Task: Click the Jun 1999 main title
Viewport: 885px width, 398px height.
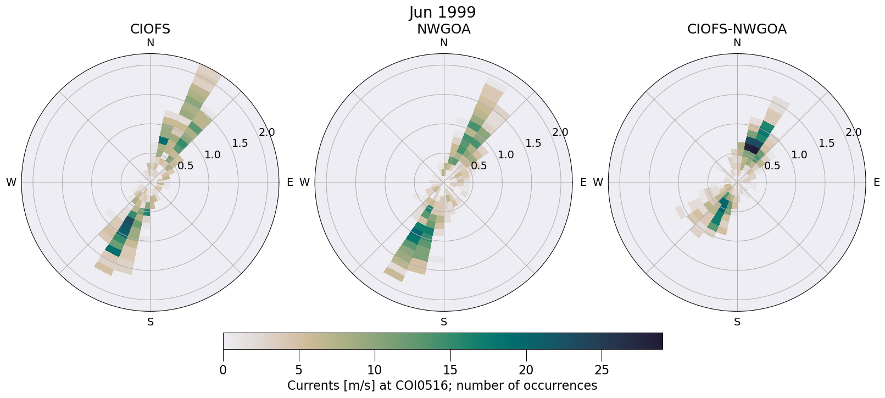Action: coord(442,12)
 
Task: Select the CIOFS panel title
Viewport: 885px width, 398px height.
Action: coord(150,29)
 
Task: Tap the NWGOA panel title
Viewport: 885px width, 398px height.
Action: coord(443,29)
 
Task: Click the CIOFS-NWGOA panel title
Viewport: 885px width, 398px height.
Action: coord(737,29)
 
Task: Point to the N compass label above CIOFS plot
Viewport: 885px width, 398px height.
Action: coord(150,43)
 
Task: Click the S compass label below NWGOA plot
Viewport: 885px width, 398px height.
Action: coord(443,322)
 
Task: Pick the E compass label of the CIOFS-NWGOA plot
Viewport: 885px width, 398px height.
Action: coord(876,183)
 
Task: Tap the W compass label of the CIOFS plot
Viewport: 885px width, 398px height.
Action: coord(11,183)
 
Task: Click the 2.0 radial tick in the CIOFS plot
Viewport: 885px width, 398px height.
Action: coord(267,132)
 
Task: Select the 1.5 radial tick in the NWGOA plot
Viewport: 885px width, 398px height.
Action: coord(533,143)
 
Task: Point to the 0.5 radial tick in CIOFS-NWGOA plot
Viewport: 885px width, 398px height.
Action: coord(772,165)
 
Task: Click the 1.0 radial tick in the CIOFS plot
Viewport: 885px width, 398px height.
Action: coord(213,155)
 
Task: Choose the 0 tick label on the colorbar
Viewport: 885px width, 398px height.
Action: coord(223,370)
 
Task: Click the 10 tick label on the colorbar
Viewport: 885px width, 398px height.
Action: coord(374,370)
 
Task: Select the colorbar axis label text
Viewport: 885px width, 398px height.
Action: coord(442,385)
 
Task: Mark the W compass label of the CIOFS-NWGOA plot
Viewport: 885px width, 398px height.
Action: coord(598,183)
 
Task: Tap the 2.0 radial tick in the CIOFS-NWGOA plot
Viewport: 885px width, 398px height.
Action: coord(854,132)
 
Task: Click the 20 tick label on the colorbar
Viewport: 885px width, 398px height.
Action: coord(526,370)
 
